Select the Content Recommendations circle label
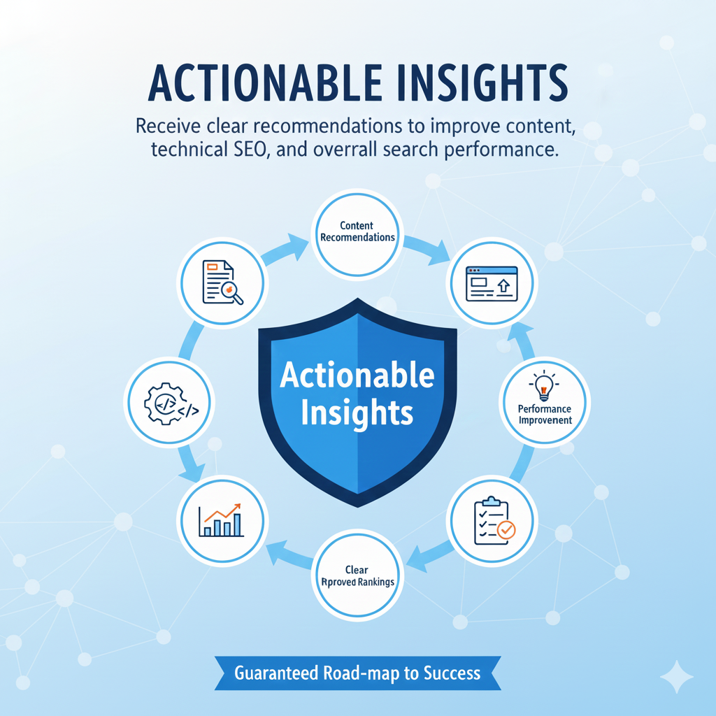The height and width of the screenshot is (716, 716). tap(357, 231)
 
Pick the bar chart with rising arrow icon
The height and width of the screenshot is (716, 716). tap(221, 519)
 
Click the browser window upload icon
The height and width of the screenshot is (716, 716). tap(492, 284)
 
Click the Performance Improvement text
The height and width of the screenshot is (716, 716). tap(545, 414)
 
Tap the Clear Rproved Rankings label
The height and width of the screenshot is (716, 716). tap(357, 576)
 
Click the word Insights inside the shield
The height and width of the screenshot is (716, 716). tap(357, 413)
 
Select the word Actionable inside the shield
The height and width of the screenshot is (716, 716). tap(357, 375)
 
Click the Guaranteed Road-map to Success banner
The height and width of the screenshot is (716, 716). tap(357, 673)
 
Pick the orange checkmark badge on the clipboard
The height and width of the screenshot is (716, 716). tap(506, 529)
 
